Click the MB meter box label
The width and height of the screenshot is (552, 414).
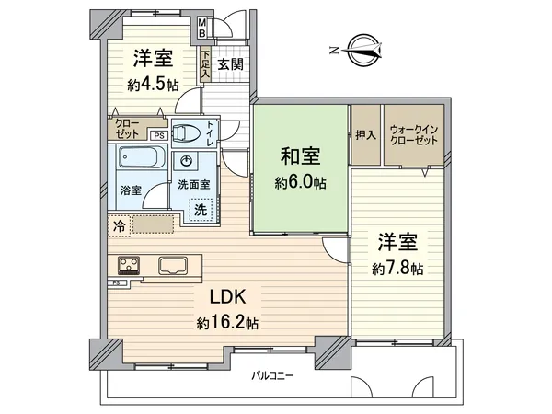coord(202,28)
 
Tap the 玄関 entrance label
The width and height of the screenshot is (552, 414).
coord(230,64)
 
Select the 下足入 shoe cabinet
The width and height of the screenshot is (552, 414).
coord(206,65)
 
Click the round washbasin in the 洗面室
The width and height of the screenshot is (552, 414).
coord(186,161)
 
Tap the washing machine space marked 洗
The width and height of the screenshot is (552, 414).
coord(201,210)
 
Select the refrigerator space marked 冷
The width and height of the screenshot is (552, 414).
coord(120,225)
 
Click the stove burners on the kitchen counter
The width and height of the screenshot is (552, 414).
coord(129,265)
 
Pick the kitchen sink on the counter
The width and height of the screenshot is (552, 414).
coord(173,265)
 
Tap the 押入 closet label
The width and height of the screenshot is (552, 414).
coord(366,135)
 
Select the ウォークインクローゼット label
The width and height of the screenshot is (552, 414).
coord(414,135)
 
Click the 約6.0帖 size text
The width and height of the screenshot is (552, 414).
coord(300,183)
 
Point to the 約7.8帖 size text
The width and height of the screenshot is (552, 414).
coord(397,270)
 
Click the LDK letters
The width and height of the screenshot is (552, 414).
coord(228,297)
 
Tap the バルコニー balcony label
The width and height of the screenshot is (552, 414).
coord(272,375)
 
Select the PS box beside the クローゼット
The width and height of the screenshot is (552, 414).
coord(159,135)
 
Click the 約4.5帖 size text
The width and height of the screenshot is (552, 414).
coord(153,86)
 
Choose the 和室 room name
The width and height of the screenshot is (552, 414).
coord(300,156)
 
